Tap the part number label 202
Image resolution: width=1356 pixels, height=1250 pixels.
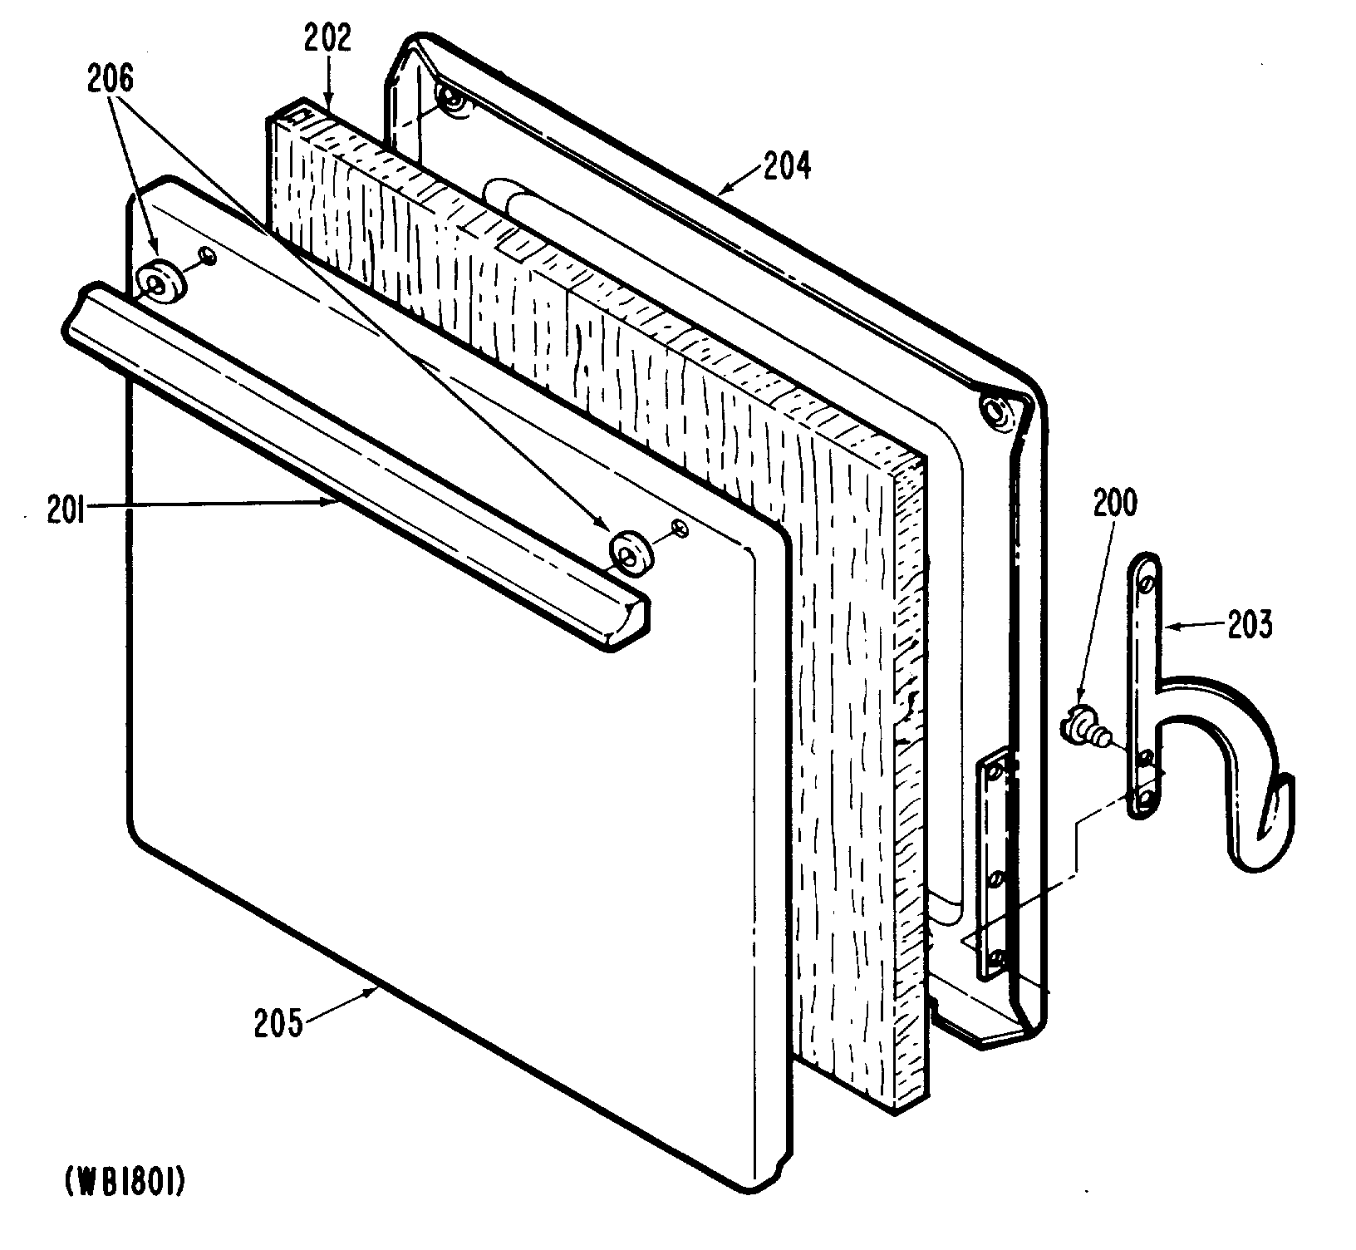pos(327,39)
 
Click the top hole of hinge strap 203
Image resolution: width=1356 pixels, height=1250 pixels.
pos(1147,585)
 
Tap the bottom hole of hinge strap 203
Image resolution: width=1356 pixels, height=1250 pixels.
pos(1146,798)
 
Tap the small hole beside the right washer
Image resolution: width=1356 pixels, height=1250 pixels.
pos(680,528)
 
